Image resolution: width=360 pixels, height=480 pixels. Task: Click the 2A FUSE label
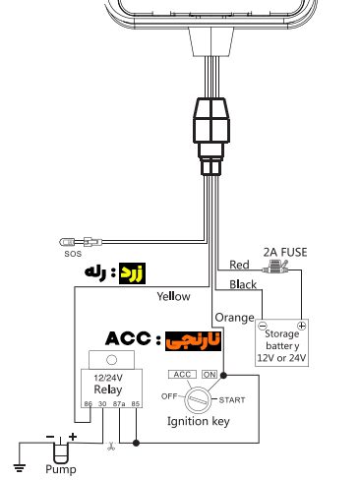[x=285, y=253]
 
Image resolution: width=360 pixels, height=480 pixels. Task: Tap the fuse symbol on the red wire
[x=275, y=268]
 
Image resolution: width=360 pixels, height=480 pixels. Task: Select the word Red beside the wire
[x=239, y=265]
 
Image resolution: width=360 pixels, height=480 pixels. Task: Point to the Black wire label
[x=243, y=284]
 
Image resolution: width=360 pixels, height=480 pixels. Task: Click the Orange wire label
[x=234, y=318]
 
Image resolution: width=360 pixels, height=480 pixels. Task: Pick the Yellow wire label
[x=173, y=296]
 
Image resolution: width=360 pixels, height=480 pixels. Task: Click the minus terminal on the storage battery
[x=263, y=327]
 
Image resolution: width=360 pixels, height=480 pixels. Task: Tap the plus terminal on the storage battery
[x=301, y=326]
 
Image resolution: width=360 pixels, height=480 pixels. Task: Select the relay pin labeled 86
[x=88, y=404]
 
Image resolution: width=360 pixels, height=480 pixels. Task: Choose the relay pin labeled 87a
[x=119, y=404]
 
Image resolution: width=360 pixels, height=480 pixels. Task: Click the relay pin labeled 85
[x=136, y=404]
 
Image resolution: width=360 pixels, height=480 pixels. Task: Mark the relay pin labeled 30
[x=102, y=404]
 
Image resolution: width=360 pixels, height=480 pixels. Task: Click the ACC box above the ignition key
[x=182, y=375]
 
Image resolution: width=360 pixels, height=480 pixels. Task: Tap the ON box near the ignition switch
[x=210, y=375]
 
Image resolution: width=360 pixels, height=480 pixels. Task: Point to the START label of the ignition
[x=232, y=400]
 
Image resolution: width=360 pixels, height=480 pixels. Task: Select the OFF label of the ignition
[x=169, y=396]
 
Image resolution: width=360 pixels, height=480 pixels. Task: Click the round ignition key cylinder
[x=198, y=399]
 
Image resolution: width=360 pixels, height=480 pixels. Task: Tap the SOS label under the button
[x=73, y=254]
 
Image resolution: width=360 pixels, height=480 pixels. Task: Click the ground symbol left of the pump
[x=20, y=468]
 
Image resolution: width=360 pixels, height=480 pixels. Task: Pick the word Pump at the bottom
[x=61, y=469]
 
